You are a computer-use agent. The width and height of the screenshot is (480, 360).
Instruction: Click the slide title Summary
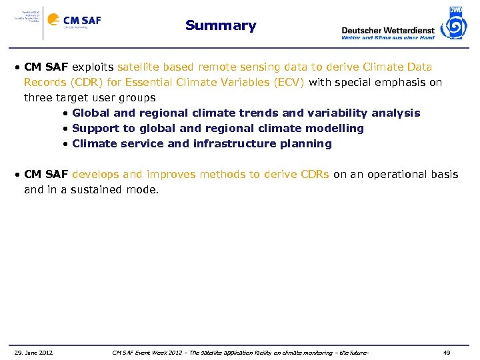tap(221, 26)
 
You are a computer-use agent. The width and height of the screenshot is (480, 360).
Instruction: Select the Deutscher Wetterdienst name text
tap(387, 30)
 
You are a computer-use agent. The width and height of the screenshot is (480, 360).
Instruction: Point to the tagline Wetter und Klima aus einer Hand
tap(387, 38)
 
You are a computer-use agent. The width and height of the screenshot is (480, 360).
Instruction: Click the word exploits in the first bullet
tap(93, 67)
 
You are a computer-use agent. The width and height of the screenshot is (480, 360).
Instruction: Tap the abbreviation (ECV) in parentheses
tap(286, 83)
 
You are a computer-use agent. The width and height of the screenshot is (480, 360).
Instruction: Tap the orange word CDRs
tap(313, 175)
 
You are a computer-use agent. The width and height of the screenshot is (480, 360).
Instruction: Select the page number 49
tap(447, 353)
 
